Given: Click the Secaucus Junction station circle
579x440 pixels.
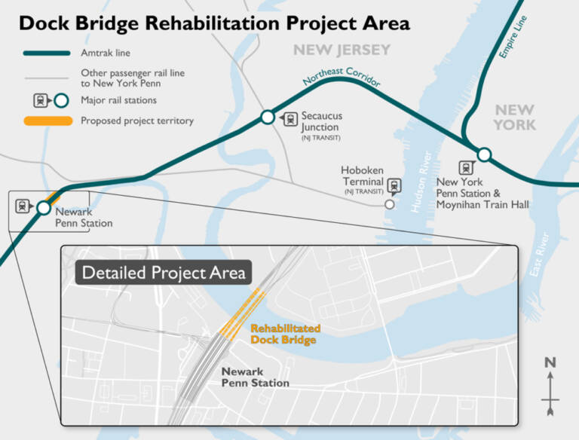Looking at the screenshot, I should point(268,117).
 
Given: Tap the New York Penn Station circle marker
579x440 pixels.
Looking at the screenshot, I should point(484,154).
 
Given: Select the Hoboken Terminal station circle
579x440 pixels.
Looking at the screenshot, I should point(389,203).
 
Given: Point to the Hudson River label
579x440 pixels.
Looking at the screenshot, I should point(420,188).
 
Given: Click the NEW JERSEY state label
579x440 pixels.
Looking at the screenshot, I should point(342,50).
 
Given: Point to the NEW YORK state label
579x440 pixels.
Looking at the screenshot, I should point(515,118).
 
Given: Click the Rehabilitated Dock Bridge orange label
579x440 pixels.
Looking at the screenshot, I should point(285,335).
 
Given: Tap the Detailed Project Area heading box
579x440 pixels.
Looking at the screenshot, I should point(163,272).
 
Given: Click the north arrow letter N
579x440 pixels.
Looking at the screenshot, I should point(550,363).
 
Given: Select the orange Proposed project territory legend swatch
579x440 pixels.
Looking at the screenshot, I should point(46,121).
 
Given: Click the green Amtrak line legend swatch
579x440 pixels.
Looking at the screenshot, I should point(46,53).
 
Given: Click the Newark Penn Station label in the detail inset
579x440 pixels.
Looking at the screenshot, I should point(255,377).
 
